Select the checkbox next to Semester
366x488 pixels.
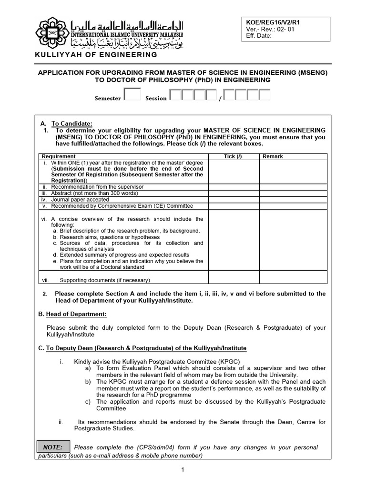[132, 94]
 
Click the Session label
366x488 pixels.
[156, 98]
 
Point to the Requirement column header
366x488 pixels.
[59, 156]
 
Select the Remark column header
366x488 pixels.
[273, 156]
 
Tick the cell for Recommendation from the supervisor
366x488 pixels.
[233, 187]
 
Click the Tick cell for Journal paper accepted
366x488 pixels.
[233, 200]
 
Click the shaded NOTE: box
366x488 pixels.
[52, 447]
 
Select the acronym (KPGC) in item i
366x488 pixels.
[227, 362]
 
